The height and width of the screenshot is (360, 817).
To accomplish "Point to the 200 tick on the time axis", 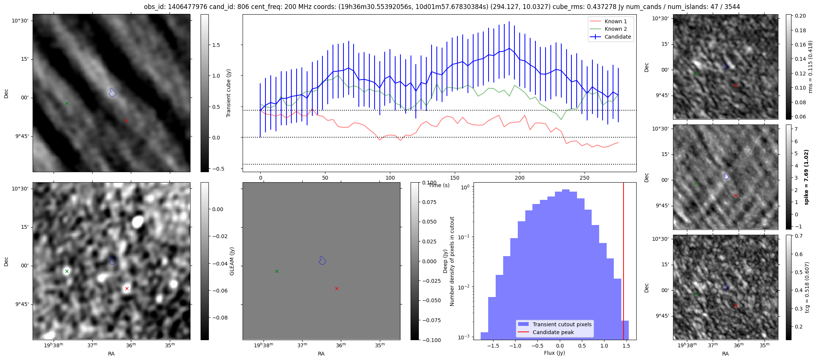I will (520, 178).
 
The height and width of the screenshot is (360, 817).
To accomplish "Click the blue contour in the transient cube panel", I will (112, 92).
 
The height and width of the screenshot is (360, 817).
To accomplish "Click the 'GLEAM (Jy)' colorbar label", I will (232, 261).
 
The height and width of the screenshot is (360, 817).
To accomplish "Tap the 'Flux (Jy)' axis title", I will (554, 353).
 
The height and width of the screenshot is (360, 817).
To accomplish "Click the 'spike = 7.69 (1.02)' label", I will (807, 177).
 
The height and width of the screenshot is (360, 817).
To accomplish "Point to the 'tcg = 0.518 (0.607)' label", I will (807, 287).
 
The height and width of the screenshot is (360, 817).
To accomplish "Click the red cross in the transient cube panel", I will (127, 120).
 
